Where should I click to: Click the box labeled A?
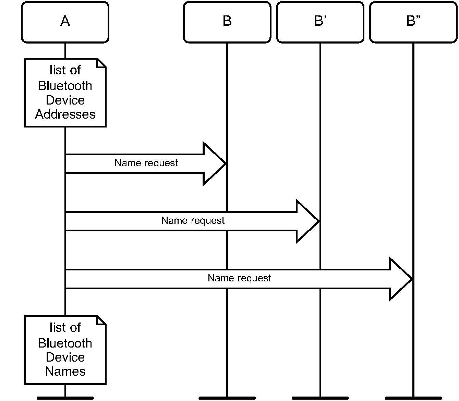[x=65, y=22]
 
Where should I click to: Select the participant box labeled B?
[x=227, y=22]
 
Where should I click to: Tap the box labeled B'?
[x=320, y=22]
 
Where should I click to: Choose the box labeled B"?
[x=413, y=22]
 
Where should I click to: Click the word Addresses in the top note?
[x=65, y=114]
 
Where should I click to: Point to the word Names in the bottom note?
[x=65, y=371]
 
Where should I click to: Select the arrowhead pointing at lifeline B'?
[x=308, y=221]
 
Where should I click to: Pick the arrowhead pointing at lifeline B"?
[x=401, y=279]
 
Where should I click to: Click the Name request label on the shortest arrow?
[x=146, y=163]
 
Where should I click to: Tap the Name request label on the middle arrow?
[x=193, y=221]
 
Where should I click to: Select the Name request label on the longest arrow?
[x=239, y=278]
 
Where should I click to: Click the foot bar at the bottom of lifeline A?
[x=65, y=398]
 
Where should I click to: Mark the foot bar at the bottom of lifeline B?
[x=227, y=398]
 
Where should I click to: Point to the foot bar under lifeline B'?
[x=320, y=398]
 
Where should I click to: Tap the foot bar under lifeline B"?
[x=413, y=398]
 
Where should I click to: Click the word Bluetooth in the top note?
[x=65, y=86]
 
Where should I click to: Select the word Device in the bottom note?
[x=65, y=357]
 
